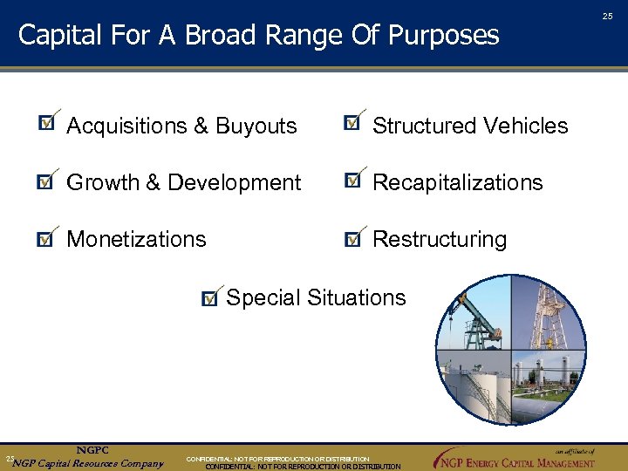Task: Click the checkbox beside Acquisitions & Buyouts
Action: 46,124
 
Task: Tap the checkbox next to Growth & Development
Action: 45,181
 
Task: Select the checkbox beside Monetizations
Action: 45,239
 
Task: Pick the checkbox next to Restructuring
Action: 352,238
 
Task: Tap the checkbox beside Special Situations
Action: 209,299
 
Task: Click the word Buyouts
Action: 256,126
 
